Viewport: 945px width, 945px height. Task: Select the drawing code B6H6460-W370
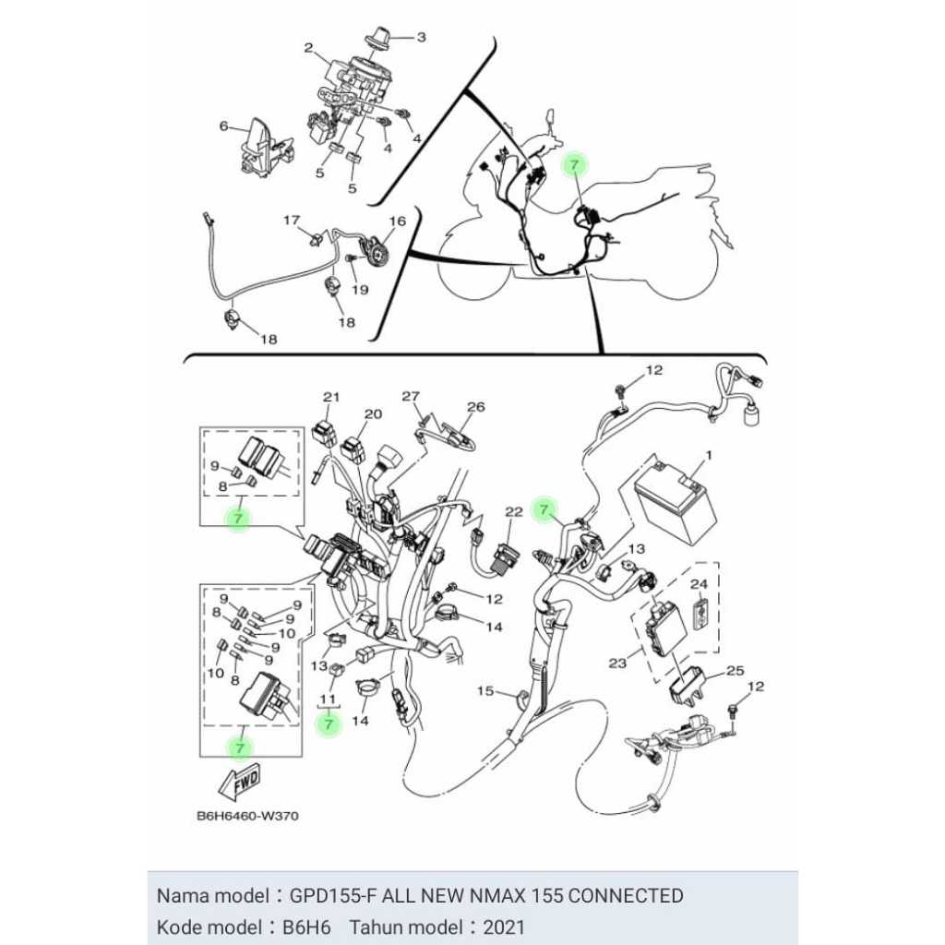click(247, 816)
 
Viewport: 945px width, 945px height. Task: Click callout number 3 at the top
click(421, 37)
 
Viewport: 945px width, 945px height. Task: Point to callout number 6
click(224, 126)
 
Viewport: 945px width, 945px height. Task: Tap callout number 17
click(292, 220)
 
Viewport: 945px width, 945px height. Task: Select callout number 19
click(360, 290)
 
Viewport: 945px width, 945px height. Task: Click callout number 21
click(331, 397)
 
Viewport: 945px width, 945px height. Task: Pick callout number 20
click(374, 413)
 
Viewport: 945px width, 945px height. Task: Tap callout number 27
click(411, 396)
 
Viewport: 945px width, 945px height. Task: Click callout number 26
click(476, 407)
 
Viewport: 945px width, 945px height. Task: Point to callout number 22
click(514, 511)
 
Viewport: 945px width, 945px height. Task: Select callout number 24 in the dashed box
click(700, 583)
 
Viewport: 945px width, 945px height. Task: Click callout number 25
click(736, 670)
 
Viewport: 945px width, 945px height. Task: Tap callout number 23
click(617, 663)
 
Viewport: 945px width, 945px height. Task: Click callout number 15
click(485, 690)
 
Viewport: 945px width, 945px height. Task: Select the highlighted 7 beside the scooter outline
click(574, 164)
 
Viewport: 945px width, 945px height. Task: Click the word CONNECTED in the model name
click(626, 895)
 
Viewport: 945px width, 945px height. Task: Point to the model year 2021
click(504, 927)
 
